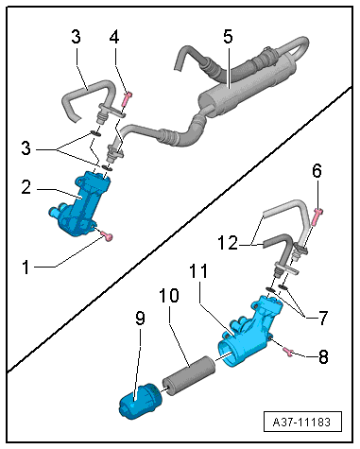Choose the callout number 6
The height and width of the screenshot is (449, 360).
(317, 170)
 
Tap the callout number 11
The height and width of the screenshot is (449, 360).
(225, 272)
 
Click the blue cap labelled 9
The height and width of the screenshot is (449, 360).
(138, 405)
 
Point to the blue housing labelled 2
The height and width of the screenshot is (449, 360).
(76, 200)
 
